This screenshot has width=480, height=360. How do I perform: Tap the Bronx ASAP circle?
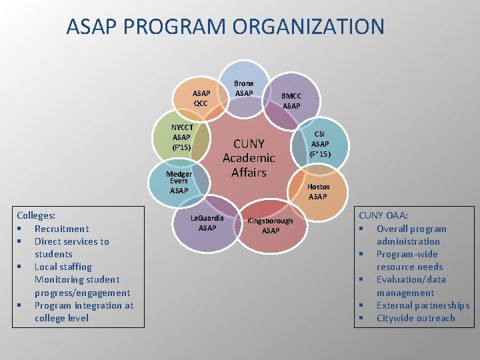[244, 87]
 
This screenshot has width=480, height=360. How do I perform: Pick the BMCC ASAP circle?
[291, 100]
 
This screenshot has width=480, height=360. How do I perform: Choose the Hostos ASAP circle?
[317, 191]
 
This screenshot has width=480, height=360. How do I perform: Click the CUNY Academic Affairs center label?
[249, 158]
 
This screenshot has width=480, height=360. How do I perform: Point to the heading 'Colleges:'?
[36, 216]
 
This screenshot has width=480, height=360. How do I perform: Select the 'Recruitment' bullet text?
[61, 229]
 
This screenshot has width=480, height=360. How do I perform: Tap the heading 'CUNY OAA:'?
[383, 215]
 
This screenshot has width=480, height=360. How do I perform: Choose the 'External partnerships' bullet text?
[423, 305]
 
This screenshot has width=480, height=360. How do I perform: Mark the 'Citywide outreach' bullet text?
[415, 318]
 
